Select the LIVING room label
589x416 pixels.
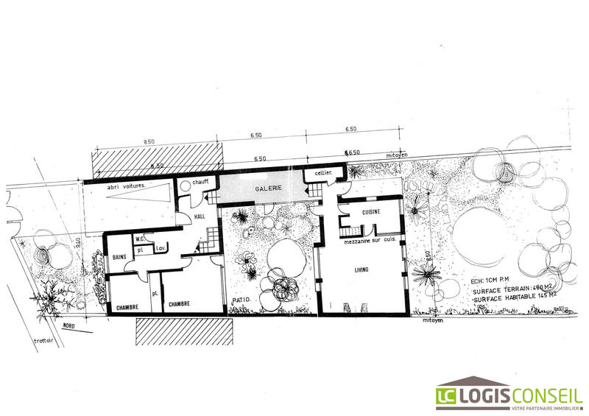[360, 271]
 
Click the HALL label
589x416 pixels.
[200, 218]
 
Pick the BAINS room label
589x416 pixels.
[120, 257]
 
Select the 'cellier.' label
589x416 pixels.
[324, 173]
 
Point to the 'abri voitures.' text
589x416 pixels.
[126, 187]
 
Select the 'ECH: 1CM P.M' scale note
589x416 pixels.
[490, 281]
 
